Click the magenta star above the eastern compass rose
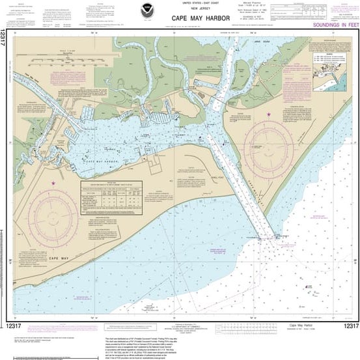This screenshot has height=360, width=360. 268,115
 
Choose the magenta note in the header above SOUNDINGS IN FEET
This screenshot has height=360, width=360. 339,10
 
